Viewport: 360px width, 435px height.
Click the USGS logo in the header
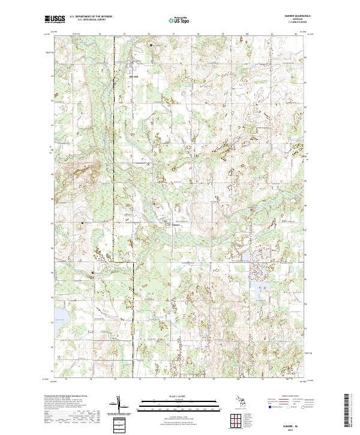[x=56, y=19]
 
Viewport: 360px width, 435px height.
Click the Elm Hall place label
[x=134, y=76]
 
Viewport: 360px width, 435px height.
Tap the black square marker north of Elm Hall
[x=151, y=45]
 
